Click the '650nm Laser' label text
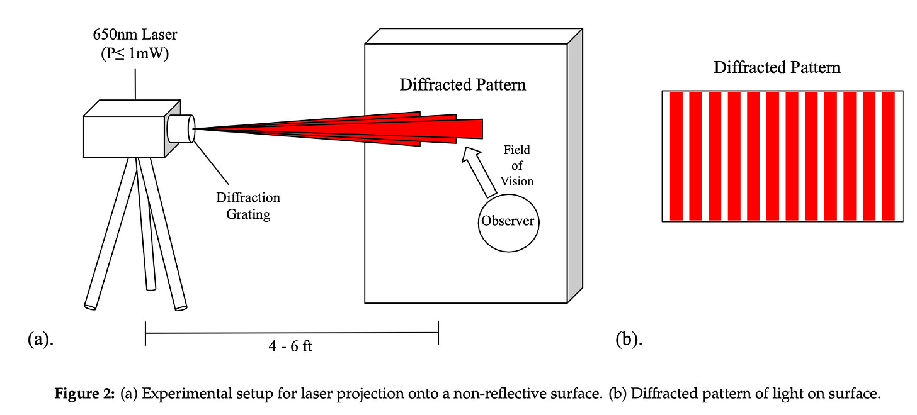(x=135, y=33)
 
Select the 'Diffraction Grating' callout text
(x=248, y=206)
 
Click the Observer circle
(x=507, y=221)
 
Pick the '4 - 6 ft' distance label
(x=290, y=346)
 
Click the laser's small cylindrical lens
(x=181, y=128)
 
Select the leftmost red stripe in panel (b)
(x=676, y=156)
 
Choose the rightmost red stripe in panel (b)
(x=888, y=156)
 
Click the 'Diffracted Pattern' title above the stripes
(x=777, y=68)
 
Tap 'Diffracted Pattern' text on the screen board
(x=462, y=84)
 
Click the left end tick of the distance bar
(x=145, y=333)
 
